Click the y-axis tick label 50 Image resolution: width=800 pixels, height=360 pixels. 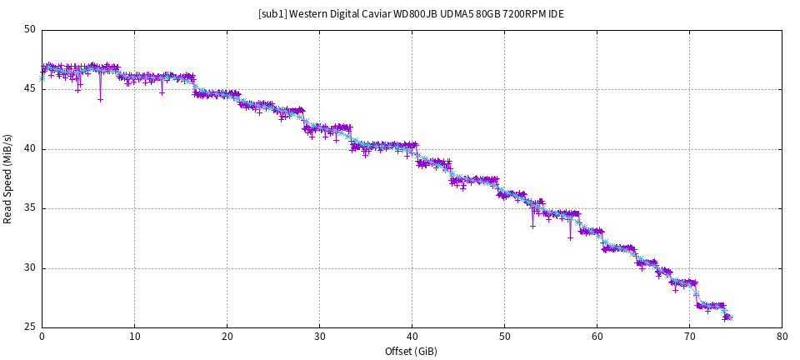[x=30, y=30]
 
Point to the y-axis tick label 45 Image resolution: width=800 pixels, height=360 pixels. [x=30, y=89]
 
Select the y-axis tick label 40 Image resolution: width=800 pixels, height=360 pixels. [x=30, y=149]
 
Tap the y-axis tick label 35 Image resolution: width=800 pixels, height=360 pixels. [x=30, y=208]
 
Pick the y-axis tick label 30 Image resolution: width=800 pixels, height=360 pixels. [x=30, y=268]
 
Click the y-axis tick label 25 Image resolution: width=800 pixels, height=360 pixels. [x=30, y=327]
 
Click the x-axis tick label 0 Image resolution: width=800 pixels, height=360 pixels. [x=42, y=337]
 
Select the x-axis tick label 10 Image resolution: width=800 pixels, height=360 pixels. [x=134, y=337]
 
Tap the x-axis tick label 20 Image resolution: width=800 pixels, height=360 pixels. [x=227, y=337]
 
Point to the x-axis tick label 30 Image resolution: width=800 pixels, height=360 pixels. [x=319, y=337]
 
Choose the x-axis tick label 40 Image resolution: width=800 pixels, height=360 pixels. [x=412, y=337]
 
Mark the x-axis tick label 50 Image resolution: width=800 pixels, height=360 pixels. [x=504, y=337]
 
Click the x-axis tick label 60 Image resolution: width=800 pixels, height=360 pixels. [x=597, y=337]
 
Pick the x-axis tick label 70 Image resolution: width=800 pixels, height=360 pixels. [x=689, y=337]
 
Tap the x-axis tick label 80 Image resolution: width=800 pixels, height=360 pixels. [x=782, y=337]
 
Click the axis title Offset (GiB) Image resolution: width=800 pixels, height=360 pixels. [x=412, y=351]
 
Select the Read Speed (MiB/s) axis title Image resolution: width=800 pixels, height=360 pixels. [x=7, y=178]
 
